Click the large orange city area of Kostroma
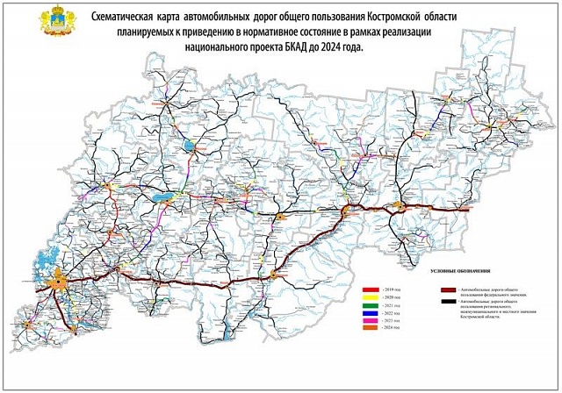click(59, 283)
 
